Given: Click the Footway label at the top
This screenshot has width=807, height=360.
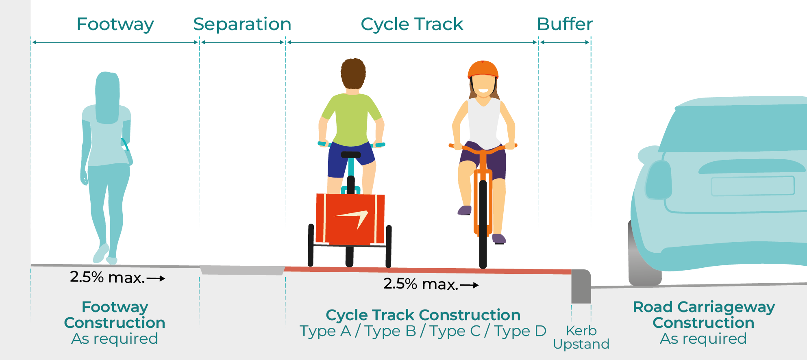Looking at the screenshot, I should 115,24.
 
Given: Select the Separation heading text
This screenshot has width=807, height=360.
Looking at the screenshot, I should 242,24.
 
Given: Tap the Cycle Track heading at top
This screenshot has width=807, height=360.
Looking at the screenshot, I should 412,24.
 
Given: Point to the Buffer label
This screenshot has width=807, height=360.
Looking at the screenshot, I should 565,24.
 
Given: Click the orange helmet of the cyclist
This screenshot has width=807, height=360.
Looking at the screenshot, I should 483,69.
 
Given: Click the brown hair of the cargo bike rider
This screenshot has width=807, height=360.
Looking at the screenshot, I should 353,73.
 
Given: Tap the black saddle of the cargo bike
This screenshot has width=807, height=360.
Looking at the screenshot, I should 351,155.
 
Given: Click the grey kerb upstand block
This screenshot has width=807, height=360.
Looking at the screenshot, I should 581,286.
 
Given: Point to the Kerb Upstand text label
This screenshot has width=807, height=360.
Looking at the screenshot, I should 581,337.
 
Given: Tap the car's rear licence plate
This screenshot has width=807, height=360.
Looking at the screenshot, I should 753,186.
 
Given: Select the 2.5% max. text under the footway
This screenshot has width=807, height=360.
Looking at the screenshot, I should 108,278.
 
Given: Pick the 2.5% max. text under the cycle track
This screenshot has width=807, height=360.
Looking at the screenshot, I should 421,284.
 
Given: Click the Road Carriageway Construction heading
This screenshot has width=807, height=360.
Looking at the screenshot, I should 704,314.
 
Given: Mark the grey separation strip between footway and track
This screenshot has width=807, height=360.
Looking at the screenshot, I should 242,270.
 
